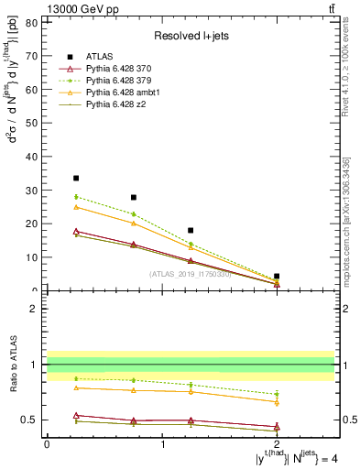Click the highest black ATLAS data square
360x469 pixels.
pos(76,178)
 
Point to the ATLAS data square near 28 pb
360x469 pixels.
pos(134,197)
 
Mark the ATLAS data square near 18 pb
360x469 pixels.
pos(191,230)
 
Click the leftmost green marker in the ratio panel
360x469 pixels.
pos(76,378)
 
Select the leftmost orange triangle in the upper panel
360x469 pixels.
pos(76,207)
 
